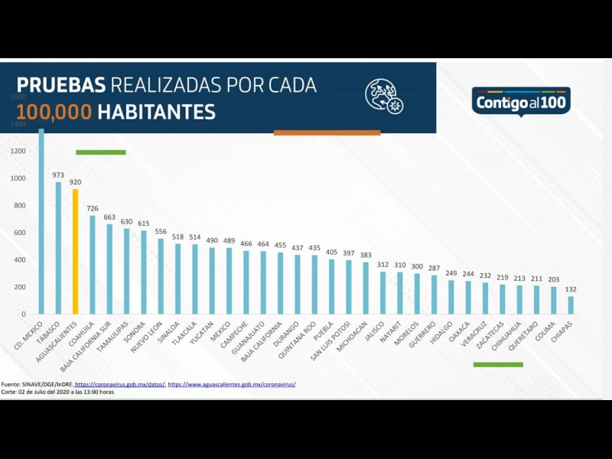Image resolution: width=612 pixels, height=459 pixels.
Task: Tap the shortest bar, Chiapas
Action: [x=571, y=304]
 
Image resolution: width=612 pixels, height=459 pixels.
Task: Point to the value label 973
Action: [x=58, y=175]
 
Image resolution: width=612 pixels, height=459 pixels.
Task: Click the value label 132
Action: [x=571, y=289]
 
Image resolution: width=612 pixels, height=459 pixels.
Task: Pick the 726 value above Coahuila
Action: [x=92, y=209]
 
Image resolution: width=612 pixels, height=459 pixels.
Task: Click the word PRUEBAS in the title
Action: [x=60, y=85]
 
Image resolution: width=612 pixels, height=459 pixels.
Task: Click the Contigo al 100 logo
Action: [x=520, y=102]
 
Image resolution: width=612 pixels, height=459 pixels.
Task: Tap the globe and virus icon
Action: [x=383, y=96]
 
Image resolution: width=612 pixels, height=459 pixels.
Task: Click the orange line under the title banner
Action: [x=327, y=132]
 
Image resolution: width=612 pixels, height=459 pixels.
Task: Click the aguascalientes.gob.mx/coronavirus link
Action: [x=231, y=384]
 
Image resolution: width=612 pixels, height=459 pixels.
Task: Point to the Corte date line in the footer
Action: [x=57, y=392]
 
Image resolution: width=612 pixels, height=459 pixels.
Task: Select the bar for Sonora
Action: [x=143, y=272]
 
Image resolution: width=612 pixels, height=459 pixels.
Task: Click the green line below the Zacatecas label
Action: [x=498, y=364]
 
